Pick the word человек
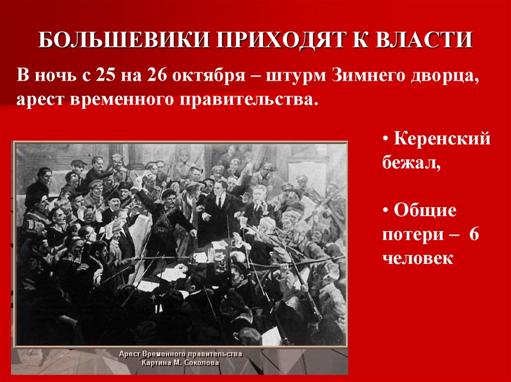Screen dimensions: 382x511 point(418,258)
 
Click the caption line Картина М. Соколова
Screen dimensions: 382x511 point(181,363)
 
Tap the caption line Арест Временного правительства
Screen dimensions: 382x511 point(181,354)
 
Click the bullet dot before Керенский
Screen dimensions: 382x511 point(386,139)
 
